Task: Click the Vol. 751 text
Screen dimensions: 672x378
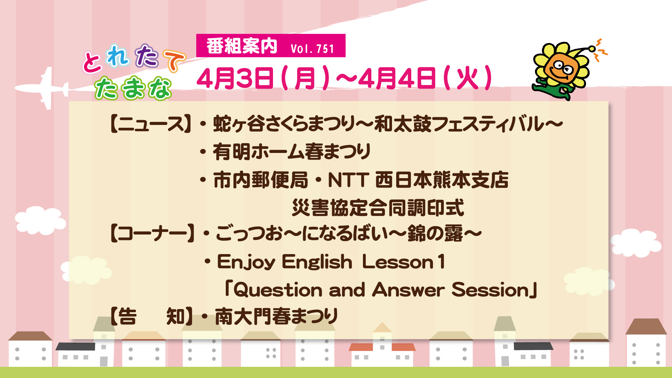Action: (313, 48)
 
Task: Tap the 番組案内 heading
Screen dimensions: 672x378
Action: (242, 46)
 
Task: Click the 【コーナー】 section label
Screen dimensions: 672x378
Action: (152, 233)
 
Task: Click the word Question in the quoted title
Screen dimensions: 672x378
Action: (278, 290)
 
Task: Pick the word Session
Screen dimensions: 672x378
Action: (490, 290)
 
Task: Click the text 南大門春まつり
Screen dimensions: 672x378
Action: (276, 316)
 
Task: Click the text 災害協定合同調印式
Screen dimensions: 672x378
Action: (378, 208)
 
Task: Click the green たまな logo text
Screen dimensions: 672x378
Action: (133, 88)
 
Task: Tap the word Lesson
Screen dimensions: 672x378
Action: (398, 262)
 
